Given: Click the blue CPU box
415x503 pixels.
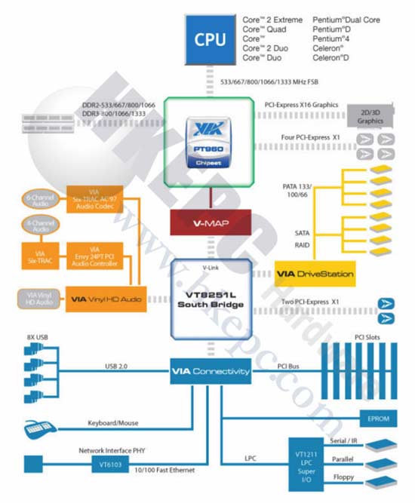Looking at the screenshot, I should click(x=210, y=39).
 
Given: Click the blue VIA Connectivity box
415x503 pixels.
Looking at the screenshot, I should click(x=210, y=371).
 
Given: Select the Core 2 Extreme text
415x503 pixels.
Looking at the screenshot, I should click(x=272, y=20).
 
